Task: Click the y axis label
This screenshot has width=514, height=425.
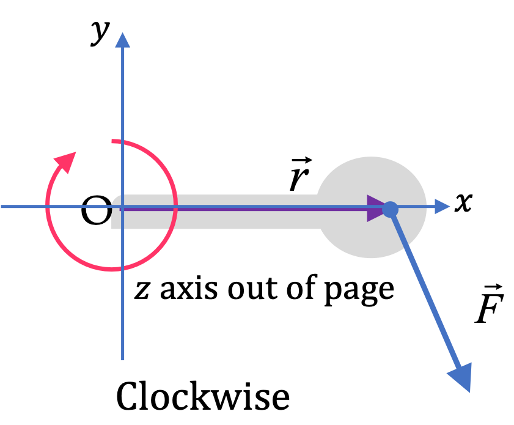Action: point(100,33)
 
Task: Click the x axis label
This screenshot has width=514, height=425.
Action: point(463,202)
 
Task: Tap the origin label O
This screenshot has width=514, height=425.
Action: point(96,210)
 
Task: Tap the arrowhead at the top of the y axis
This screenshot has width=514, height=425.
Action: point(123,40)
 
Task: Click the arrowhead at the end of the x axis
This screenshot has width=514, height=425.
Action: point(442,207)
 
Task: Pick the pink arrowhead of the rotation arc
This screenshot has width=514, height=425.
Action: point(65,161)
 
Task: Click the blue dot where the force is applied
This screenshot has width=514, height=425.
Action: point(390,209)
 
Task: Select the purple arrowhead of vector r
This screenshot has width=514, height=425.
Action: point(376,209)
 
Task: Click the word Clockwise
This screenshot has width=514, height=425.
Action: point(203,396)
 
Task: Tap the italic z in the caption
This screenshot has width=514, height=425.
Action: point(142,290)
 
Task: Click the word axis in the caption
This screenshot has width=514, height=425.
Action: point(188,289)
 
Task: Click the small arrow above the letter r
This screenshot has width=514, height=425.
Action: point(302,161)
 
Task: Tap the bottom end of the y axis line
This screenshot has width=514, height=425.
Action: point(123,360)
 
